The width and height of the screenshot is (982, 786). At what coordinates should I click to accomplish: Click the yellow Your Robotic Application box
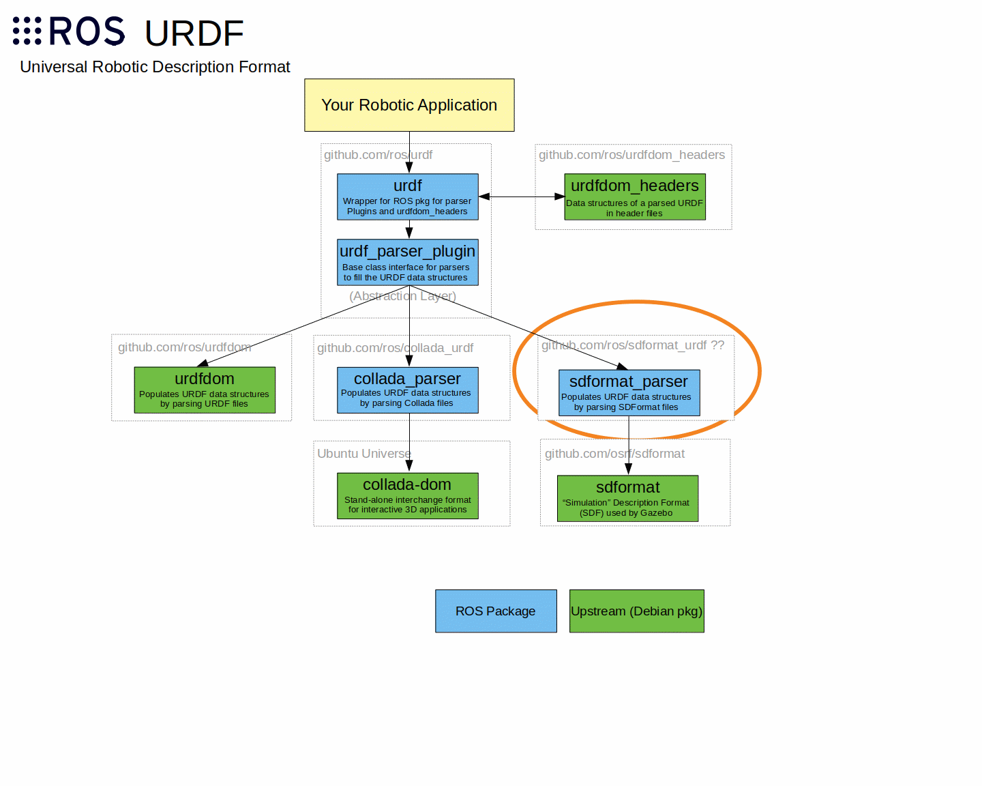coord(409,105)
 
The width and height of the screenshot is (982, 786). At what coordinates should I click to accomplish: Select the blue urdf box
coord(408,196)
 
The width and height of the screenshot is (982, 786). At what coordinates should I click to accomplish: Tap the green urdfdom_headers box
coord(635,196)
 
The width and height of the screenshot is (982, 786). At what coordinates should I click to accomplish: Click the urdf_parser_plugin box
coord(408,262)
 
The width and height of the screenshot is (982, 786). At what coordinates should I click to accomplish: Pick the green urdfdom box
coord(205,390)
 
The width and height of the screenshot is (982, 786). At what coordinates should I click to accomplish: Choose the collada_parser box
coord(408,390)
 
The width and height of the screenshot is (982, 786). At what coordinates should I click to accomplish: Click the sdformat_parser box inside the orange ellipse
coord(629,392)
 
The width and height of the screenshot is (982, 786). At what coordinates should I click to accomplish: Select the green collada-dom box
coord(408,495)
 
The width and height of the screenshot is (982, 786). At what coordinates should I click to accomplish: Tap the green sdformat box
coord(627,498)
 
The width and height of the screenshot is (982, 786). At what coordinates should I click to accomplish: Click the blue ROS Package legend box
coord(496,611)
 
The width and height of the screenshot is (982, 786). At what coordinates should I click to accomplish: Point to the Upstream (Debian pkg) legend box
coord(636,611)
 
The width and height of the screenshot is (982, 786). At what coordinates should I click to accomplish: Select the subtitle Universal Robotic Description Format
coord(155,67)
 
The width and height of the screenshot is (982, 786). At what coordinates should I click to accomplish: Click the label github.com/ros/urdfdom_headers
coord(631,155)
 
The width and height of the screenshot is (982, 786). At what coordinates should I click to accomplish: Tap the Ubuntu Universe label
coord(363,454)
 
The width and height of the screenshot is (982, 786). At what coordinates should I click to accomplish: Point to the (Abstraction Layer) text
coord(402,296)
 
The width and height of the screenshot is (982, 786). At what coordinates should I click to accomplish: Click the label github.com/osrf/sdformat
coord(614,454)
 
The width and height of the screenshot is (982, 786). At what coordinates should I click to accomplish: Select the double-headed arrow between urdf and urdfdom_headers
coord(522,196)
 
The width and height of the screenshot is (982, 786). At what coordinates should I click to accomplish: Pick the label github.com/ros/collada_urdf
coord(395,348)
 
